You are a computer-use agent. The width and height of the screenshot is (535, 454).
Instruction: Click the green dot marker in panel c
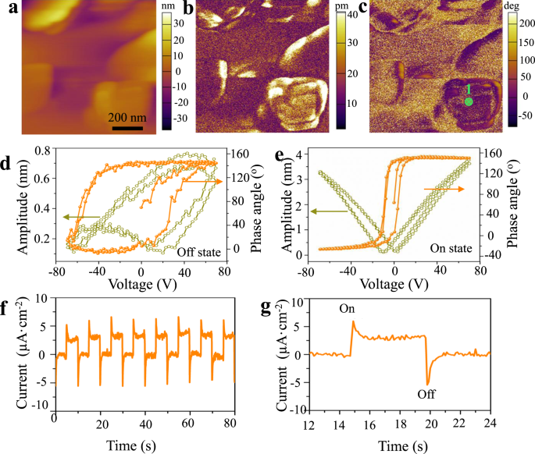click(x=468, y=102)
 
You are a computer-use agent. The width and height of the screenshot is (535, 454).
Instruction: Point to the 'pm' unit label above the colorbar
click(x=341, y=5)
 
